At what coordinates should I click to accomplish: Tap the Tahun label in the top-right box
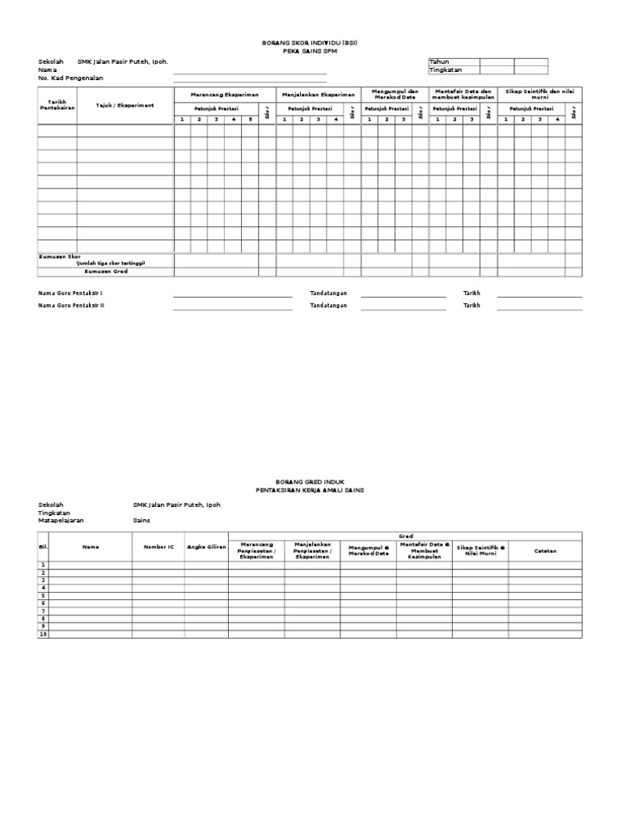click(x=440, y=61)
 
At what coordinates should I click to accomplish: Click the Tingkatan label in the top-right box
click(x=446, y=70)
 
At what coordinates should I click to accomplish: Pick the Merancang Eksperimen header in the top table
click(x=224, y=95)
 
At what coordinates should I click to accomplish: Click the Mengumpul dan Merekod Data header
click(x=395, y=95)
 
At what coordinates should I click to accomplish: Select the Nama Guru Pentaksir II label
click(x=71, y=306)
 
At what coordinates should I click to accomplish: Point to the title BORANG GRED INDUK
click(x=310, y=480)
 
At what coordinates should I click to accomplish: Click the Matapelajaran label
click(x=61, y=521)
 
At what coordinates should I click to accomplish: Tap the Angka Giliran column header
click(x=207, y=547)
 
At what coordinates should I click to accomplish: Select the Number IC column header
click(x=158, y=547)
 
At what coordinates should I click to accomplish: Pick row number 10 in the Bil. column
click(x=44, y=634)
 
